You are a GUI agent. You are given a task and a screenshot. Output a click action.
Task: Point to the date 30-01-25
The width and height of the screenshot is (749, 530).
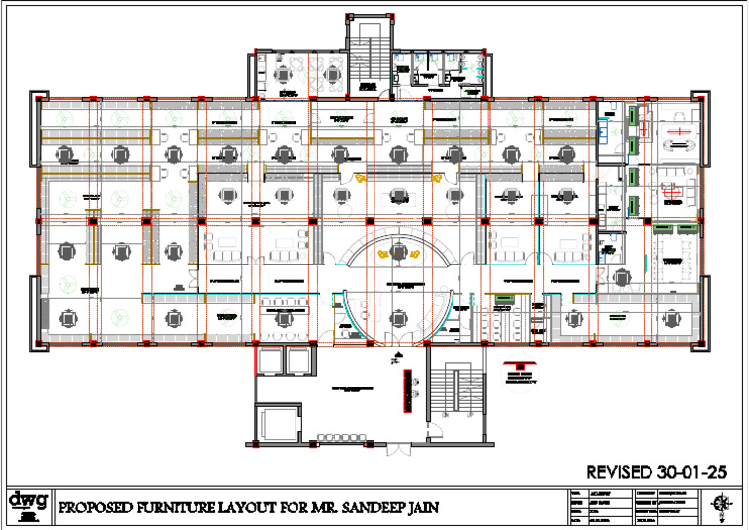click(x=693, y=471)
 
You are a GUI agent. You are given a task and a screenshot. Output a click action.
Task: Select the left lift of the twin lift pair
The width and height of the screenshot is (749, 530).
click(x=269, y=361)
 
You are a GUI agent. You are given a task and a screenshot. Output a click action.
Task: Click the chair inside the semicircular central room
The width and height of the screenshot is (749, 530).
click(x=398, y=252)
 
